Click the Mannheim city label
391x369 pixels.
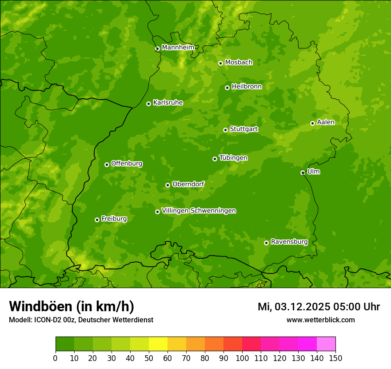click(178, 47)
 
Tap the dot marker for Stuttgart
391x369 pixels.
click(225, 130)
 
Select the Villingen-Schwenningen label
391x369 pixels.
click(199, 211)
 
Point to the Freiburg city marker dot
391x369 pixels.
click(97, 220)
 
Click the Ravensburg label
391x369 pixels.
click(289, 242)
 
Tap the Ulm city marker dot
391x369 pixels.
click(303, 172)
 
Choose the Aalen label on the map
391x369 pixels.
click(325, 122)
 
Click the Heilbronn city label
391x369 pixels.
click(247, 87)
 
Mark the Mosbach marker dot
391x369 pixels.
click(220, 63)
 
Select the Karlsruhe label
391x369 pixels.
click(168, 103)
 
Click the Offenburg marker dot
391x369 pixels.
click(107, 164)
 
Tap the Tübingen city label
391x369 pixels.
click(233, 158)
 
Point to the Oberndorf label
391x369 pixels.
click(188, 184)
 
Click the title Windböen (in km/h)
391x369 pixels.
click(71, 306)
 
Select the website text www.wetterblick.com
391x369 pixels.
click(320, 320)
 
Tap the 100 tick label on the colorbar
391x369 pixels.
click(242, 358)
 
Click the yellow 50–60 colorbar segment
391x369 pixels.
click(158, 344)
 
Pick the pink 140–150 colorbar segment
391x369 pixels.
click(326, 344)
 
